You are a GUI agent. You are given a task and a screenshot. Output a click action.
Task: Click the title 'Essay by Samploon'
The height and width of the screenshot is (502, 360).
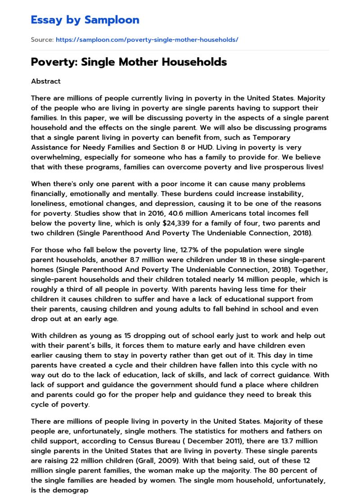coord(85,20)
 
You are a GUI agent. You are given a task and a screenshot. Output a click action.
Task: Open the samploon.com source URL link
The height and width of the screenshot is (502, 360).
coord(147,40)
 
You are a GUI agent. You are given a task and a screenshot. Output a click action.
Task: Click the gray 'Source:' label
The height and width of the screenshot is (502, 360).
coord(42,40)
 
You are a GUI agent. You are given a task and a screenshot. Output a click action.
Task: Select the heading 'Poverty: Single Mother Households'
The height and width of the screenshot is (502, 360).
coord(129,62)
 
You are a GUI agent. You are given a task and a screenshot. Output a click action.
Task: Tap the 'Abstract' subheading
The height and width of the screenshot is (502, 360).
coord(45,81)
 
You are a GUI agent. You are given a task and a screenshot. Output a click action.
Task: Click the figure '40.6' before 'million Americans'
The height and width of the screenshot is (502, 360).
coord(154,213)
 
